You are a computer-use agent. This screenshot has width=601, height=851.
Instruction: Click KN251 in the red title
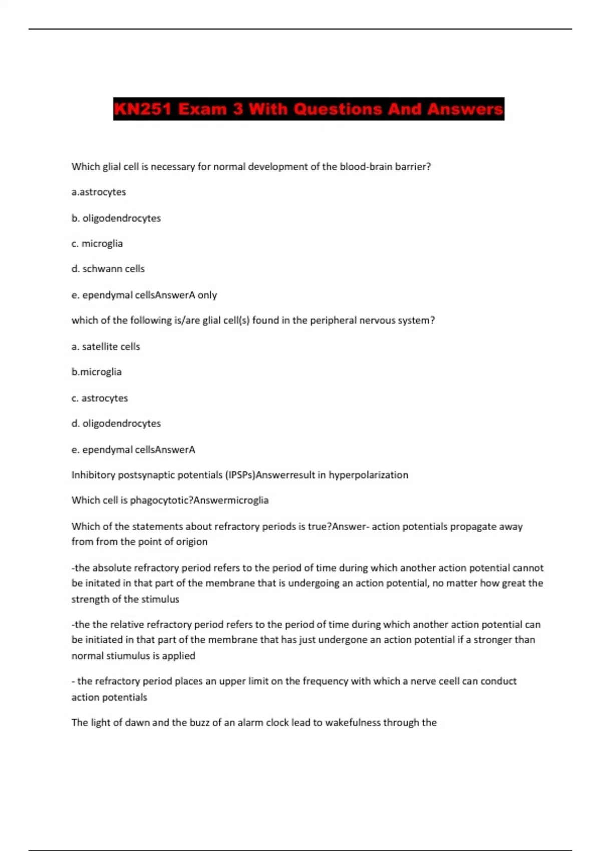(143, 109)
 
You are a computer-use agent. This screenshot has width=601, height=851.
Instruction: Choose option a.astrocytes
(99, 192)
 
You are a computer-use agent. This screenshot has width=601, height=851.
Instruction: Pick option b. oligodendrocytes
(116, 218)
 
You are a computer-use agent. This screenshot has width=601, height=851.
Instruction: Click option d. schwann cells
(108, 269)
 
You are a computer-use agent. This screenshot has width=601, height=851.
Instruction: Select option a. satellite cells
(106, 346)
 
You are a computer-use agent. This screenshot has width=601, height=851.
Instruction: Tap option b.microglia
(97, 372)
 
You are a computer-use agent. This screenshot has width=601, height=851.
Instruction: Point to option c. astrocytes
(100, 398)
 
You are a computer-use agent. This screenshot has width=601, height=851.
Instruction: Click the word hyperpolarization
(368, 475)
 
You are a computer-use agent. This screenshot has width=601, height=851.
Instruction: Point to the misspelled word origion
(191, 542)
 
